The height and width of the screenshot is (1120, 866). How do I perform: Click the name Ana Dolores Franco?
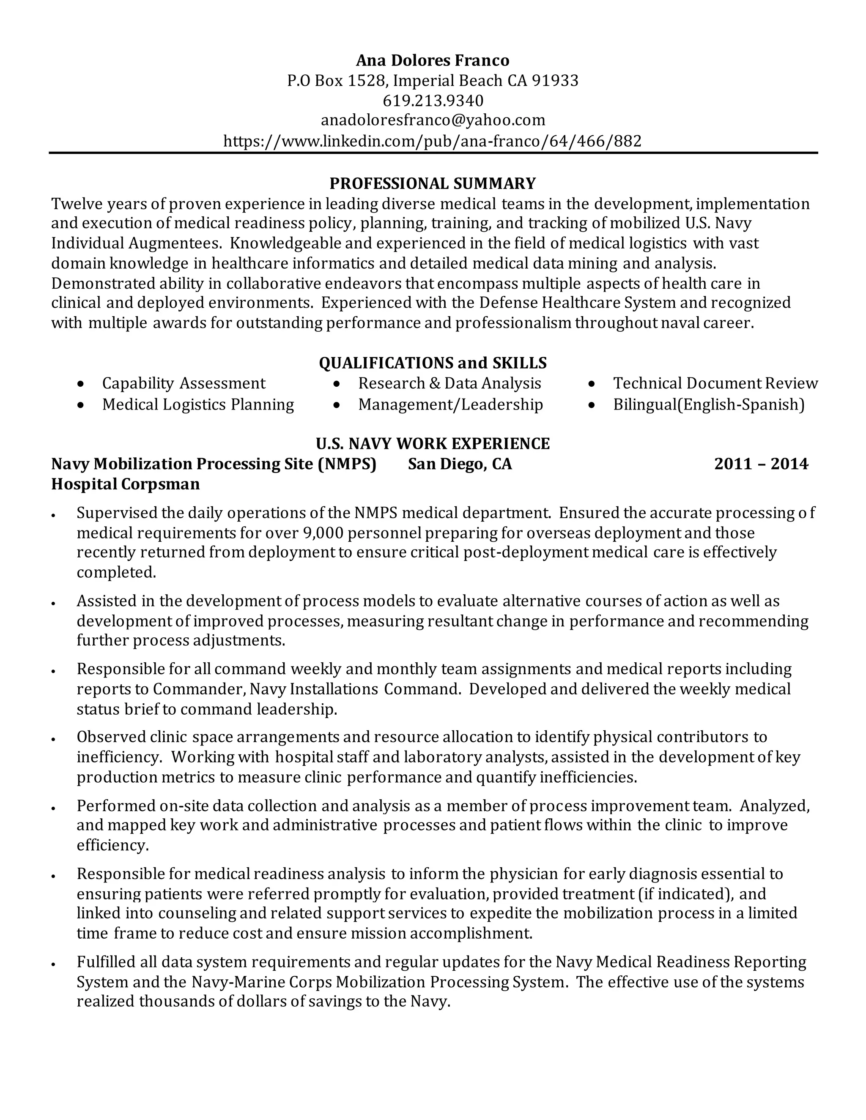click(x=433, y=60)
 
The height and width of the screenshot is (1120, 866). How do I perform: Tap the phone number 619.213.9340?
click(x=433, y=100)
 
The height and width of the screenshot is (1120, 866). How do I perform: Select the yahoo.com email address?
click(x=433, y=120)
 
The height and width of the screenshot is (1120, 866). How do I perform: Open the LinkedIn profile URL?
click(x=433, y=140)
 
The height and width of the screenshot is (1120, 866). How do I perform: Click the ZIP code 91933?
click(x=555, y=80)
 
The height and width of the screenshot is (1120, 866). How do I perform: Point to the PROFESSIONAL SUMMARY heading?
click(x=433, y=183)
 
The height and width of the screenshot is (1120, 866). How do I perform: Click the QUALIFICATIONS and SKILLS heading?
click(x=433, y=363)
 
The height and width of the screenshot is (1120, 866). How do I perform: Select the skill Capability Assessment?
click(x=184, y=383)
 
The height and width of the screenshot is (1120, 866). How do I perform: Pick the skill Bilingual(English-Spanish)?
click(x=709, y=404)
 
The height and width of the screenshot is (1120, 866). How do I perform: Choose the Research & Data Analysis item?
click(x=449, y=383)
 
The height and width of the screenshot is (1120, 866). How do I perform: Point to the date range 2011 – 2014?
click(x=761, y=464)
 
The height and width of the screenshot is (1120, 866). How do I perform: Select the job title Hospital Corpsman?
click(x=125, y=484)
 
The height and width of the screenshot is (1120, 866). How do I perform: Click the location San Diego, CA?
click(x=460, y=464)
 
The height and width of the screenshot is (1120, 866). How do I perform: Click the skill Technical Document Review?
click(x=715, y=383)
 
